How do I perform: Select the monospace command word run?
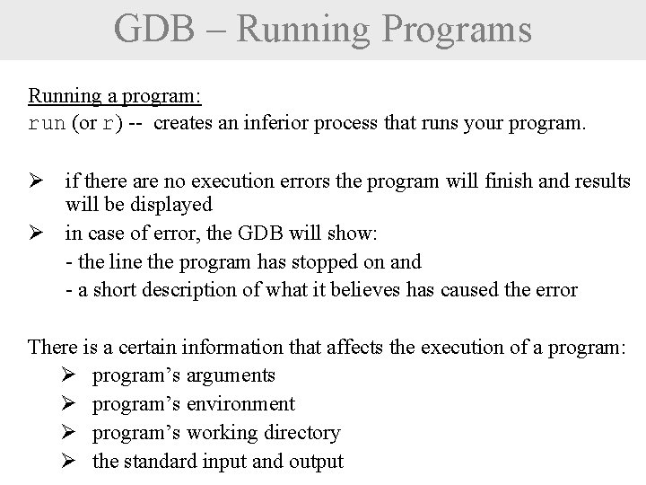(47, 124)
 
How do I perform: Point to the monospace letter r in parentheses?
(109, 124)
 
